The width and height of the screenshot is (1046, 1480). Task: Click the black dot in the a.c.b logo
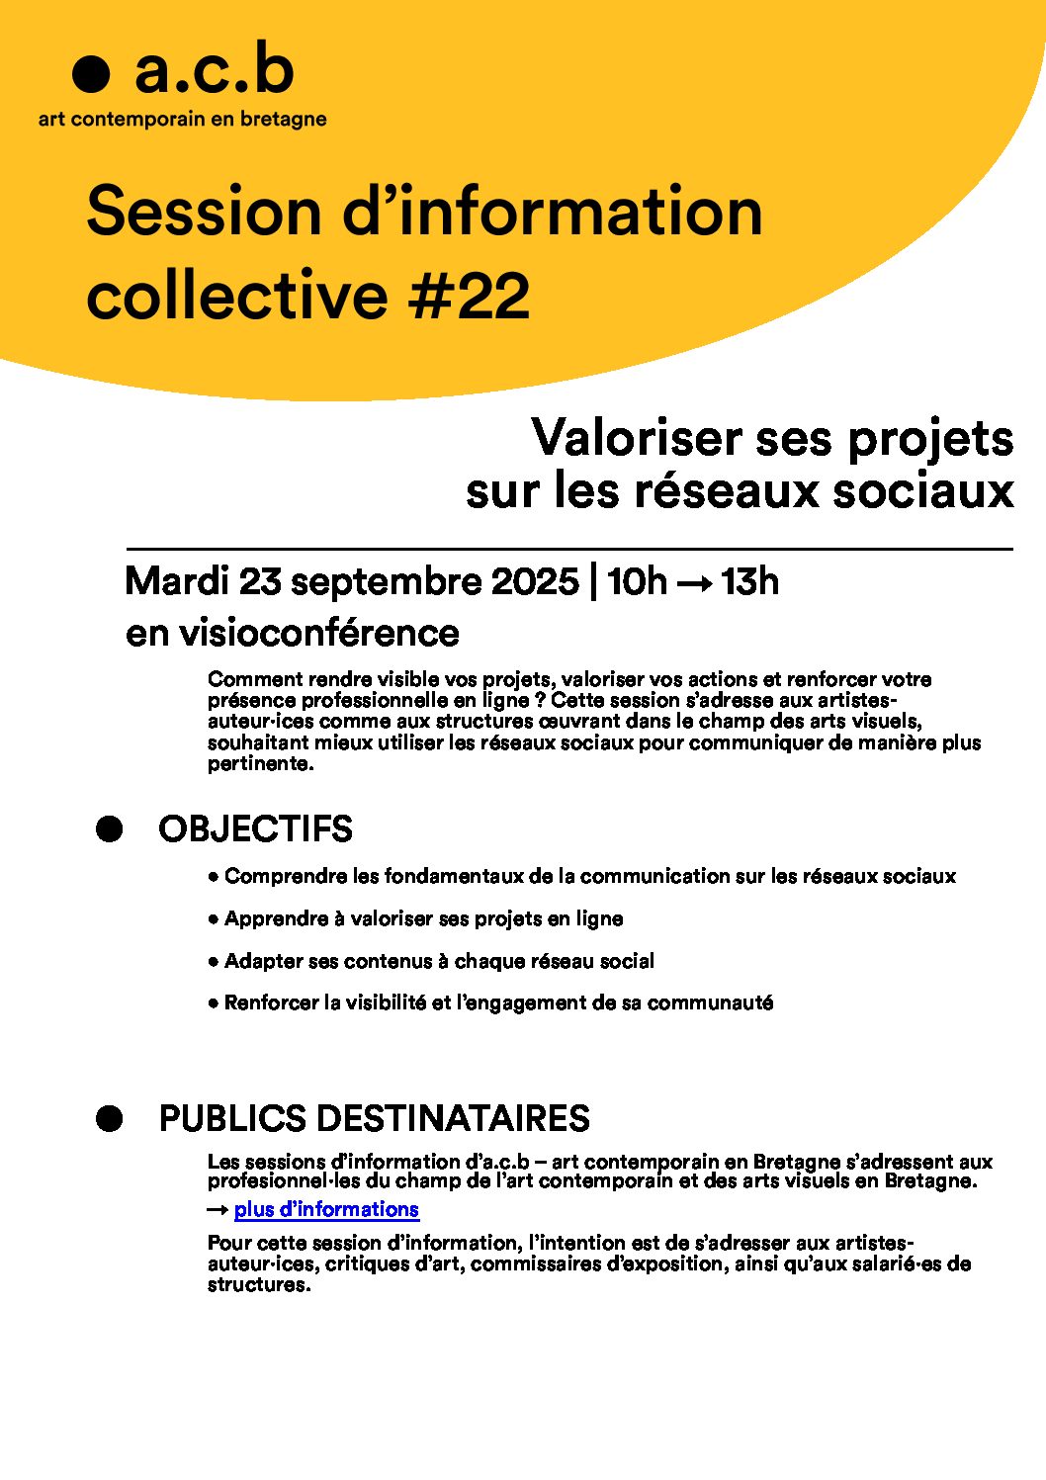pyautogui.click(x=90, y=74)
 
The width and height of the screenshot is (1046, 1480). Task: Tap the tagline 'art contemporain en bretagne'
pyautogui.click(x=182, y=120)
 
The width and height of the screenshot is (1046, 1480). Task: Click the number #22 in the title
pyautogui.click(x=469, y=296)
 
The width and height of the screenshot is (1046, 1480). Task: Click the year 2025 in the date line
pyautogui.click(x=535, y=581)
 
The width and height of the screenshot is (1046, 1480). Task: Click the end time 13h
pyautogui.click(x=749, y=581)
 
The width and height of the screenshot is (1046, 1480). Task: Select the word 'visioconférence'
pyautogui.click(x=318, y=633)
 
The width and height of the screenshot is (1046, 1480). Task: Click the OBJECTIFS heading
pyautogui.click(x=255, y=829)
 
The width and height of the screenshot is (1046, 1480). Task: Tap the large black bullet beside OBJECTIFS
pyautogui.click(x=109, y=829)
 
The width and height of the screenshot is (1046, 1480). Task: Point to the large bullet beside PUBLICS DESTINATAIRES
pyautogui.click(x=109, y=1119)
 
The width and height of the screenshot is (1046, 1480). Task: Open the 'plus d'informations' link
pyautogui.click(x=326, y=1209)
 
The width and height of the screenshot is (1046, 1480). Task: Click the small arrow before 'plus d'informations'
pyautogui.click(x=218, y=1210)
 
